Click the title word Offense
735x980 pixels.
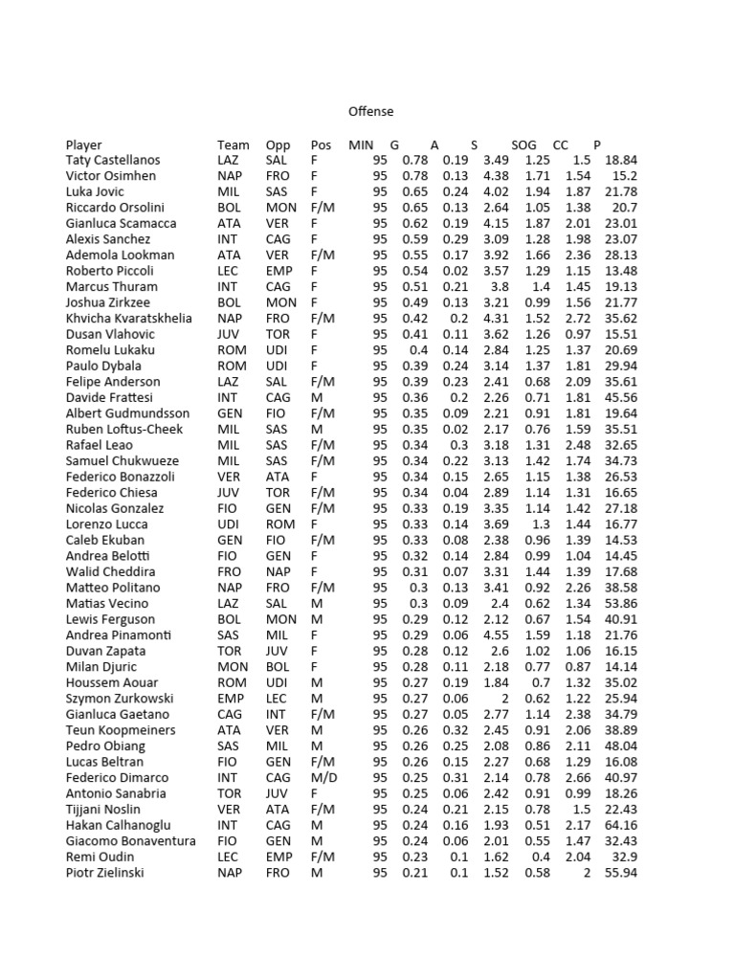(370, 112)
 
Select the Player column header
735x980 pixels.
(84, 145)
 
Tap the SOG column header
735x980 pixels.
(523, 145)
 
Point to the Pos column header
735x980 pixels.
(321, 145)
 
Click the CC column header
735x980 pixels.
(562, 145)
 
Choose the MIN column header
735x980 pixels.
(362, 145)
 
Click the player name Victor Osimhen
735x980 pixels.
(111, 176)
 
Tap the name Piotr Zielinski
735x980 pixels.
(105, 873)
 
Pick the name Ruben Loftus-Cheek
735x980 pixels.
(123, 430)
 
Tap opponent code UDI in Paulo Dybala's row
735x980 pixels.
(277, 367)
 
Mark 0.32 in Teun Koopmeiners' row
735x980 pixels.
(455, 730)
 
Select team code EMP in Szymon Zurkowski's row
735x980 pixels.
(230, 699)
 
